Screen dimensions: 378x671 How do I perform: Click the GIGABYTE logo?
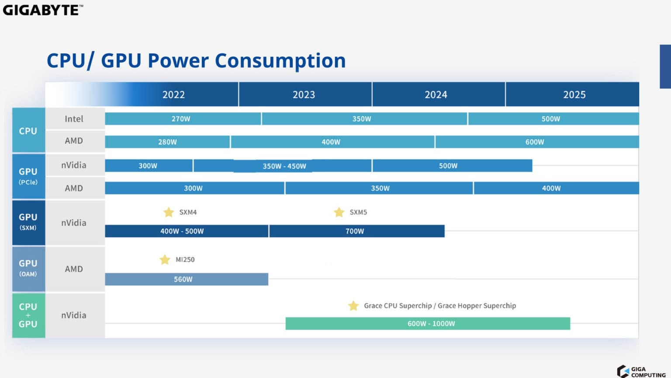tap(42, 10)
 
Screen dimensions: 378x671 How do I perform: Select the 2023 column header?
tap(304, 94)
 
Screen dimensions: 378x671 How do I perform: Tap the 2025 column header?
tap(574, 94)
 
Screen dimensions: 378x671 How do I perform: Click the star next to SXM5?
tap(339, 212)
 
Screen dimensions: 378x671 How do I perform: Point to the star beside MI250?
tap(165, 260)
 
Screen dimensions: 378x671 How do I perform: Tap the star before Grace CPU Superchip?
tap(353, 306)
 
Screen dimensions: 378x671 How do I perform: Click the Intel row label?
tap(74, 119)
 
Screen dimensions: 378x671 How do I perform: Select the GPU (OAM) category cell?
tap(28, 268)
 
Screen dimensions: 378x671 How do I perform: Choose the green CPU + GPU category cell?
tap(28, 315)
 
